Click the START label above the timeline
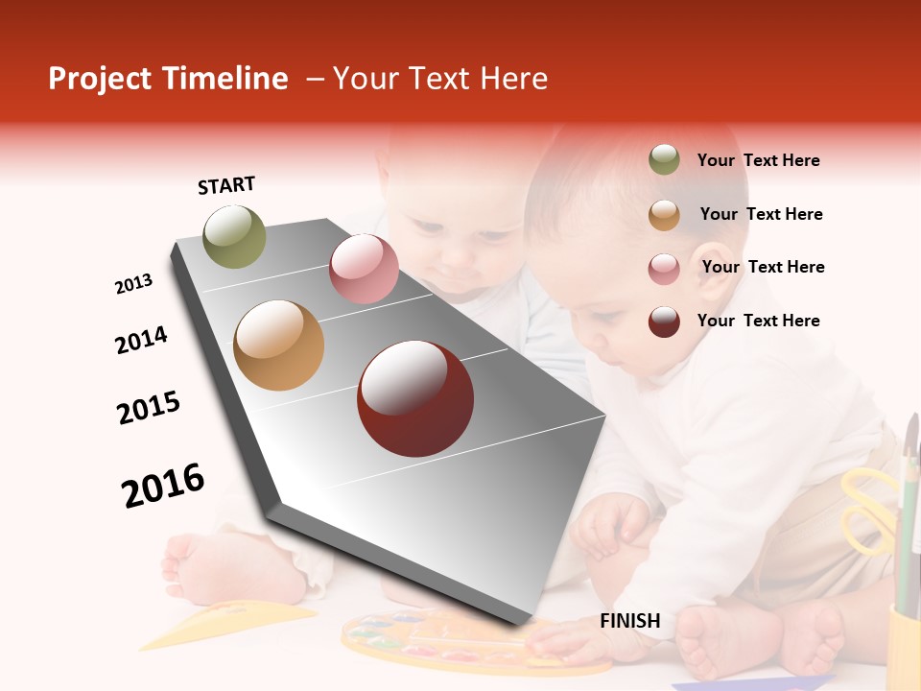point(226,185)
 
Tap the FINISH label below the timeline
point(630,621)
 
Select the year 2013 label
point(134,284)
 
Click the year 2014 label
point(141,340)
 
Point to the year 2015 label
point(149,408)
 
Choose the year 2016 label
point(163,486)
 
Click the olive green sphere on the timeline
point(235,236)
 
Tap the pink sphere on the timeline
point(364,269)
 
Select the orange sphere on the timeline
point(279,345)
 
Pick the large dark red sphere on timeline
point(415,398)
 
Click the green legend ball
point(664,160)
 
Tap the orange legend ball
point(664,215)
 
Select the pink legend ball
point(664,269)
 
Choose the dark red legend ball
point(664,322)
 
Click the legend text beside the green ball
point(759,161)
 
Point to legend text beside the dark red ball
point(759,321)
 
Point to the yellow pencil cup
point(903,643)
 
